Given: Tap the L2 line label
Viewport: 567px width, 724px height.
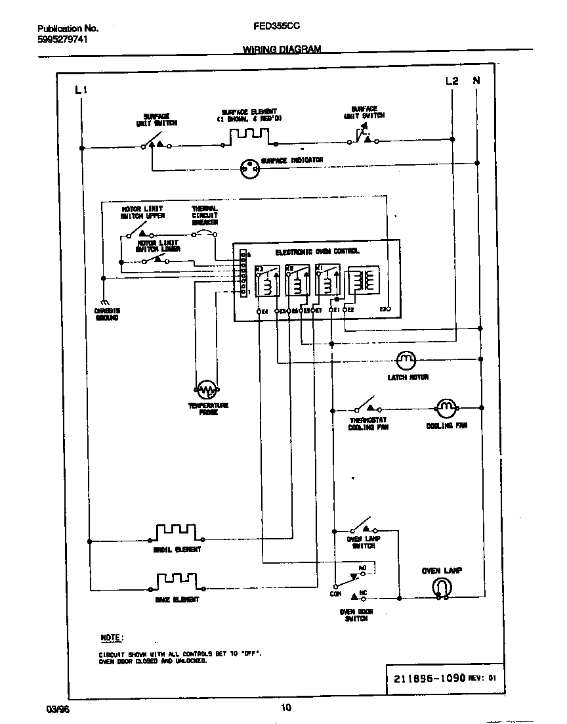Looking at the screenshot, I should [451, 81].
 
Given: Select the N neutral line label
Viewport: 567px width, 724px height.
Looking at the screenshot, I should [476, 81].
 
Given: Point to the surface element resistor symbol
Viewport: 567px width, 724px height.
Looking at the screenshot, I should [249, 137].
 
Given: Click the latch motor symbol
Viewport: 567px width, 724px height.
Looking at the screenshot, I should [406, 359].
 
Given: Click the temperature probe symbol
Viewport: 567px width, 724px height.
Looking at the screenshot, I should [207, 390].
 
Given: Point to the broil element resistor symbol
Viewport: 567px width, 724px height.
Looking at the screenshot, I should [175, 533].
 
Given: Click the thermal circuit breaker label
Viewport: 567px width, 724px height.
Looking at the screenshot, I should [204, 215].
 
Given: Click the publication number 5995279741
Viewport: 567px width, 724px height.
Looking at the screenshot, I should [62, 39].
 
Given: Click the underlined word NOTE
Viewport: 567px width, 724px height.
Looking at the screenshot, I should [111, 637].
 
